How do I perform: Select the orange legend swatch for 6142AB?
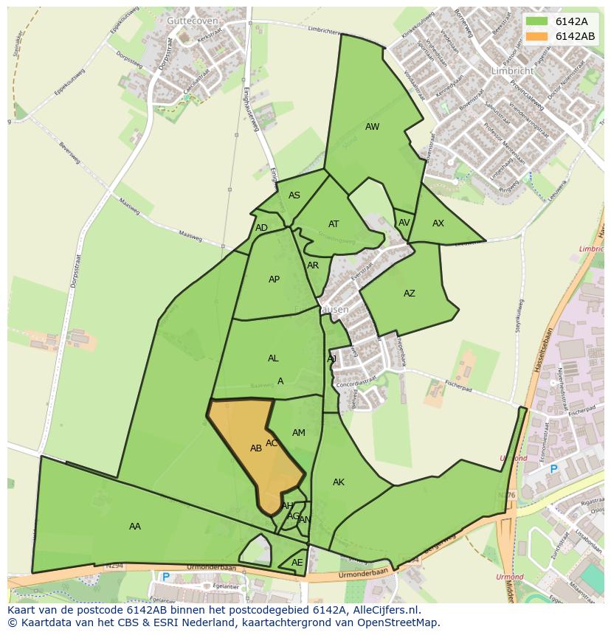click(536, 36)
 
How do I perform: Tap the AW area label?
click(372, 127)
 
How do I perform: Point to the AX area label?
click(438, 223)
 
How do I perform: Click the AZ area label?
click(409, 294)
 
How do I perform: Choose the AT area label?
click(334, 224)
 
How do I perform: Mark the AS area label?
click(294, 195)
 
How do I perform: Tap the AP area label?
click(274, 280)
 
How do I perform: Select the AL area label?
click(273, 358)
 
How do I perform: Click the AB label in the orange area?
click(256, 448)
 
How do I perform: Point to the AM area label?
click(298, 433)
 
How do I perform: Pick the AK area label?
click(338, 482)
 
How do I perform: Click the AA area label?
click(134, 527)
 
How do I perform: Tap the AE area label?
click(297, 563)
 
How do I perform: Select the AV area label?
click(404, 223)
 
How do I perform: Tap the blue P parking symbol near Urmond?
click(553, 469)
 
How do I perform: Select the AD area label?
click(261, 228)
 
